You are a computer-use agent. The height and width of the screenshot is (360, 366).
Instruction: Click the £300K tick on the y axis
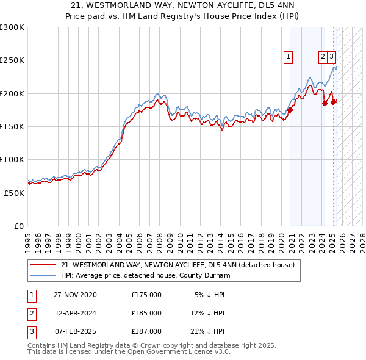point(12,27)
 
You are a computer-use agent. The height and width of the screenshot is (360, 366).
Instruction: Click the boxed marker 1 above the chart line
point(287,57)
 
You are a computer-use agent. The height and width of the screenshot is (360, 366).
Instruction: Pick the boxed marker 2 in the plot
point(323,57)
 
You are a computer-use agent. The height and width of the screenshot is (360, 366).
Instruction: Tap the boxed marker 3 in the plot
point(331,57)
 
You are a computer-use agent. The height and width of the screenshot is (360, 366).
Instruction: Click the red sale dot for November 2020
point(291,110)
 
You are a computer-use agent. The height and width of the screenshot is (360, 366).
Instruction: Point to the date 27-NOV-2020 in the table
point(75,295)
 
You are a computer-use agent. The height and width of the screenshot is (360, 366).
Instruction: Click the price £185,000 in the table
point(146,313)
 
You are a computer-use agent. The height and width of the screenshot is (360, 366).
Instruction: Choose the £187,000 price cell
point(146,331)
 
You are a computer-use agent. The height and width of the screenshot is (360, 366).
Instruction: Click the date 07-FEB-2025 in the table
point(75,331)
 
